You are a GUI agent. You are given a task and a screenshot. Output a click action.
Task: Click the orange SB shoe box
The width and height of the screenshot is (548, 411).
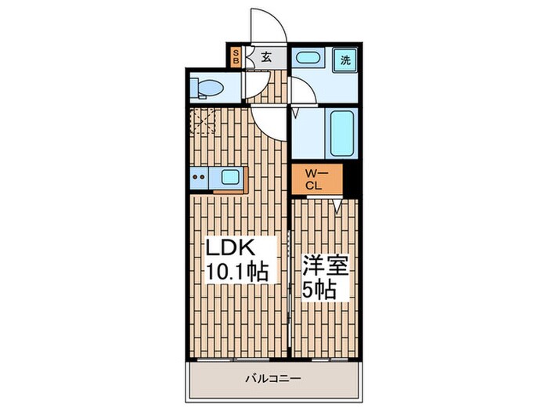[236, 57]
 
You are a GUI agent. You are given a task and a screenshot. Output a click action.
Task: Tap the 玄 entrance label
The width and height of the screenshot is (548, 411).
[266, 57]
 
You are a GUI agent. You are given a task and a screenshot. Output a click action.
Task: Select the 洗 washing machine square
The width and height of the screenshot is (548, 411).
[344, 59]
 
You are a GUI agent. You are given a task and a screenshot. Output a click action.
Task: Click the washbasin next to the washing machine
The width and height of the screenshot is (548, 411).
[310, 59]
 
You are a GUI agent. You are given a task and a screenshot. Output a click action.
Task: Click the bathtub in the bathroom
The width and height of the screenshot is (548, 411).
[341, 132]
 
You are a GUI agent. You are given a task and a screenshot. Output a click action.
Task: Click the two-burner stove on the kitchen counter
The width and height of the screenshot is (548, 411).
[197, 178]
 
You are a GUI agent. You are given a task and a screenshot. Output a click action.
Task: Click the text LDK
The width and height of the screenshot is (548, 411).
[229, 249]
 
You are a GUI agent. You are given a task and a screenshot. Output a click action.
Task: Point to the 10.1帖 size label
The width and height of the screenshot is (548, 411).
[237, 272]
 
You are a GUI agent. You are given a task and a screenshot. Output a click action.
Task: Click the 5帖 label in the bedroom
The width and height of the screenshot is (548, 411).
[319, 290]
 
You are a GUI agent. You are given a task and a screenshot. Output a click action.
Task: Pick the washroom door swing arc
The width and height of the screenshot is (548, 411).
[304, 90]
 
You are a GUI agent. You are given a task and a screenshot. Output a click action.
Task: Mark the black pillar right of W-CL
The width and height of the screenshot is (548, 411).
[352, 182]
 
